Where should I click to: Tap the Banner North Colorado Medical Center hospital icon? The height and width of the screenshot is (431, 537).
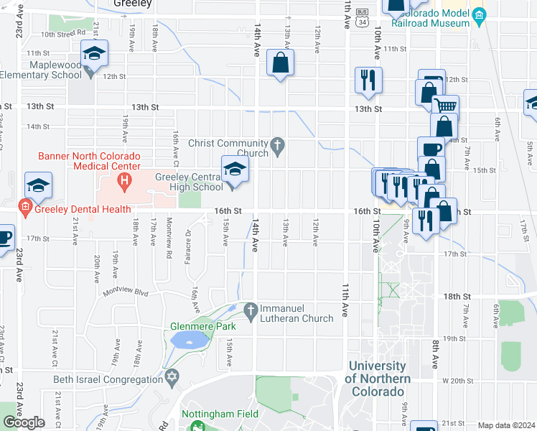pos(124,180)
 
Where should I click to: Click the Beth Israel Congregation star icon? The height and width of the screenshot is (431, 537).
pos(172,378)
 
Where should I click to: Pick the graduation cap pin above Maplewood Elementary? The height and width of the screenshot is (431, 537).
pos(93,54)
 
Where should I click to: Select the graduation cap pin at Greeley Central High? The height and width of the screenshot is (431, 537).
pos(235,170)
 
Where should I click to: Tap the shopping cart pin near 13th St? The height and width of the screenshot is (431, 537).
pos(446,106)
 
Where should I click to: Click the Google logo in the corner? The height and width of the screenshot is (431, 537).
pos(24,422)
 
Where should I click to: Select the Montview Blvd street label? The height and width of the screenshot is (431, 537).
pos(125,292)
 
